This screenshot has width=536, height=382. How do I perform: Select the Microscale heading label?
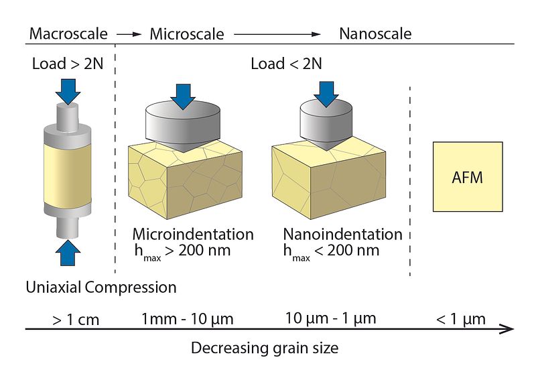pyautogui.click(x=186, y=34)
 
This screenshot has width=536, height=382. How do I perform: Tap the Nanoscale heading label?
pyautogui.click(x=375, y=33)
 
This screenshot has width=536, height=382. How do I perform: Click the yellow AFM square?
pyautogui.click(x=468, y=177)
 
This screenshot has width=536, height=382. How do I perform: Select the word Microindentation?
pyautogui.click(x=193, y=235)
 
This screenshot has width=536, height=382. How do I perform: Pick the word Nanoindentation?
pyautogui.click(x=342, y=235)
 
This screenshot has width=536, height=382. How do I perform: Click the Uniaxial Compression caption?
pyautogui.click(x=101, y=288)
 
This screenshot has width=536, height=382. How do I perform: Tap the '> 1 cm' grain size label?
pyautogui.click(x=76, y=320)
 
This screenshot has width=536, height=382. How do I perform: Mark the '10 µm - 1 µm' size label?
pyautogui.click(x=331, y=318)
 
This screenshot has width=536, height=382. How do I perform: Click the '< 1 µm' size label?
pyautogui.click(x=460, y=319)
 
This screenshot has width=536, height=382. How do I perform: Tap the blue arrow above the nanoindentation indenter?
pyautogui.click(x=327, y=92)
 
